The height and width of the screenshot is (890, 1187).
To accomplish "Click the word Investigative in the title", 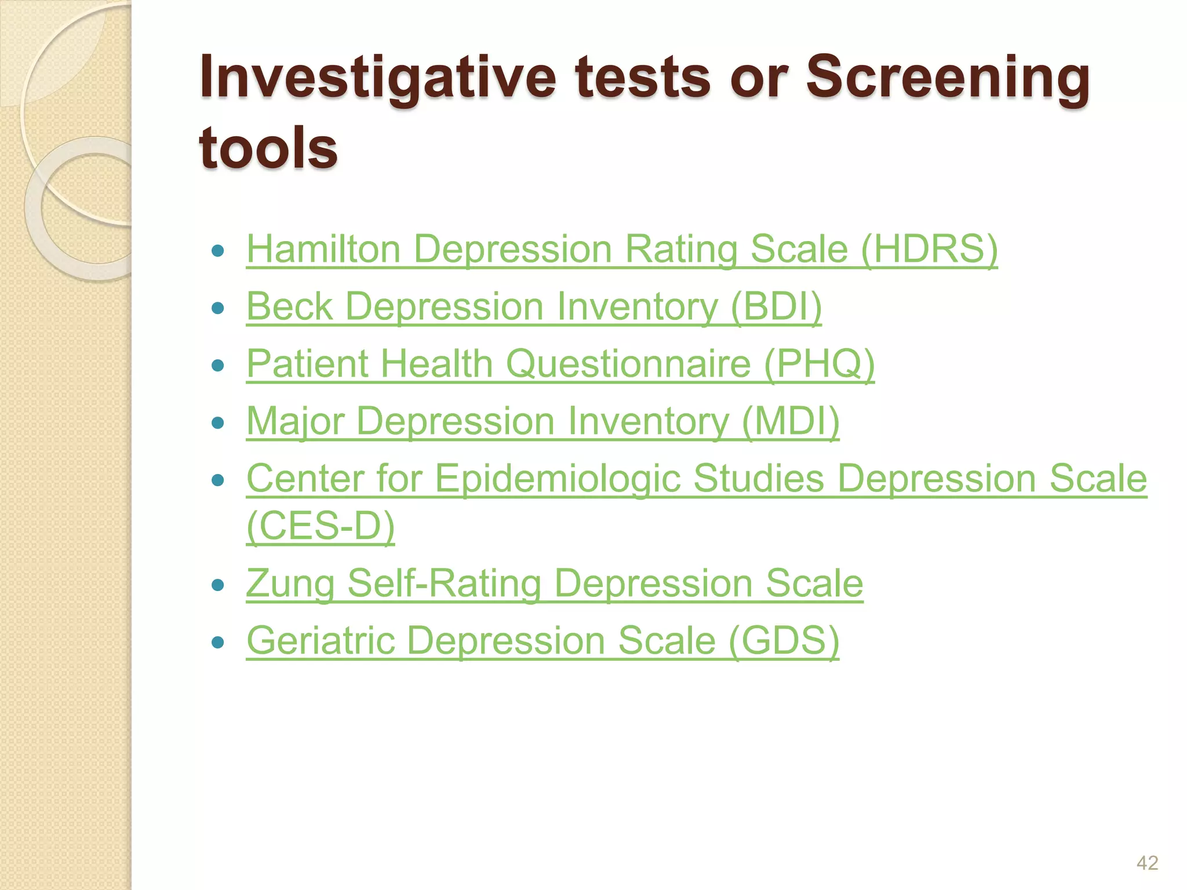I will (377, 77).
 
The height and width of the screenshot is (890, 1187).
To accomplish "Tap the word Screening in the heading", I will (948, 77).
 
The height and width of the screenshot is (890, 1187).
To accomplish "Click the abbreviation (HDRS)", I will (929, 249).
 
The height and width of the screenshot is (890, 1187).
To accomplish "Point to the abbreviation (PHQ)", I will (819, 364).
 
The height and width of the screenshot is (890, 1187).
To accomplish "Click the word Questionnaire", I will (628, 364).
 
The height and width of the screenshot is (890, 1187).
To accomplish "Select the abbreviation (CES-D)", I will (321, 526).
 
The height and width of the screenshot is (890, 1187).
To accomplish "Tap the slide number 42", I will (1147, 863).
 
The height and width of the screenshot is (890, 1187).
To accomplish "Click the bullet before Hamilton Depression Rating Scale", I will (218, 251).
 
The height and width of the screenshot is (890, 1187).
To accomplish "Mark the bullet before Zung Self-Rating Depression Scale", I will (218, 585).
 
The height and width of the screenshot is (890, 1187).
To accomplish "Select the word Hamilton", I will (323, 249).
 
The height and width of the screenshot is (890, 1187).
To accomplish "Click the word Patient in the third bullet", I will (307, 364).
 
